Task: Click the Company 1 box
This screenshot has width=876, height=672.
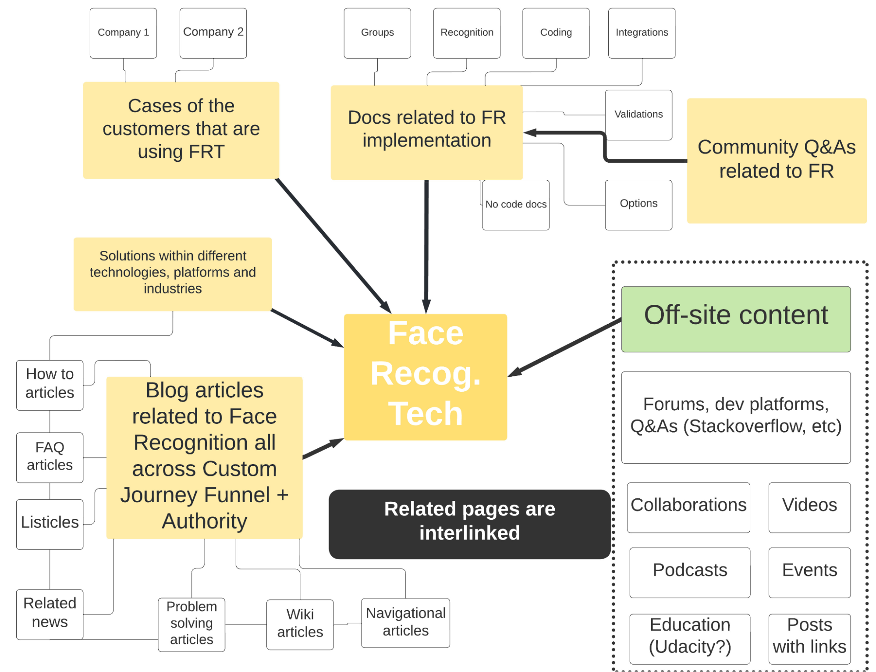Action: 123,33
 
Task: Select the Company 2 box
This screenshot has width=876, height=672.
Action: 213,33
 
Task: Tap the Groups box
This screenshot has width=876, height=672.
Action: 377,33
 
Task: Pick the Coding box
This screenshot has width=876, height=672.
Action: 556,33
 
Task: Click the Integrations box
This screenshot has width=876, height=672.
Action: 642,33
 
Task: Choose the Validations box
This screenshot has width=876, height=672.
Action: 638,114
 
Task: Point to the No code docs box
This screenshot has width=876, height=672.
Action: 516,205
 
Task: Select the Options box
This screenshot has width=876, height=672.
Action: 638,205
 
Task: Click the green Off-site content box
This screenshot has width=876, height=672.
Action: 736,319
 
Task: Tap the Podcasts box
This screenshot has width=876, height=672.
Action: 690,572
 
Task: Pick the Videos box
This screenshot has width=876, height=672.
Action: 809,507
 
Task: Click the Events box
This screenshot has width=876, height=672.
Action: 809,572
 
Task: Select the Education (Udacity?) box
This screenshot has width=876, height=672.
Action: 690,638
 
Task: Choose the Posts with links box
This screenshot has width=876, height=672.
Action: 809,638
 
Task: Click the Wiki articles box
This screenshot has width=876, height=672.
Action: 300,624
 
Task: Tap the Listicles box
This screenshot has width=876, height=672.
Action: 50,524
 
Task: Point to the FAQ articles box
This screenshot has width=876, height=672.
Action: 50,457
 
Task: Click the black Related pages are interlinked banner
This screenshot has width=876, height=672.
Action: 469,524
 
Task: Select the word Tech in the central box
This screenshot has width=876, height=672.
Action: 426,414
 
